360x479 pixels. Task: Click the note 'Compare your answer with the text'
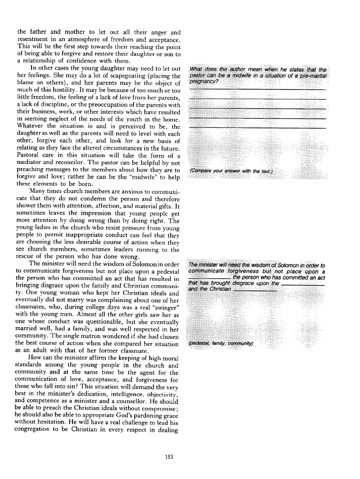232,171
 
